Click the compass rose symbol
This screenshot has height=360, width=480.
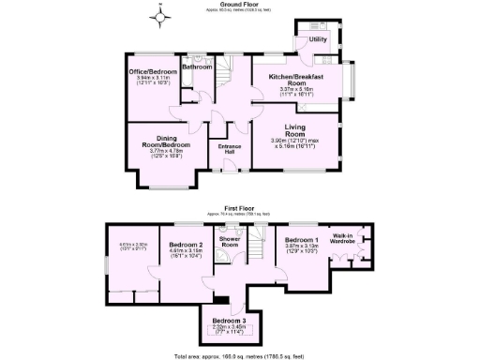click(161, 16)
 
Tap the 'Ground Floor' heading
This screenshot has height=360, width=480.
click(240, 4)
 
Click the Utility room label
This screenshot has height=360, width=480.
click(318, 39)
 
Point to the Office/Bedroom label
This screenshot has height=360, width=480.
click(153, 71)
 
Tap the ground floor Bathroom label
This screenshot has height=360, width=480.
click(198, 67)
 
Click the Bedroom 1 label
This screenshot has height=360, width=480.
click(302, 240)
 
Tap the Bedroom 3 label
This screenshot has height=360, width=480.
click(224, 320)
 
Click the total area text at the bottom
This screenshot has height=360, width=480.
click(239, 356)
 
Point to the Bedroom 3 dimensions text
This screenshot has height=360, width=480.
click(224, 329)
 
